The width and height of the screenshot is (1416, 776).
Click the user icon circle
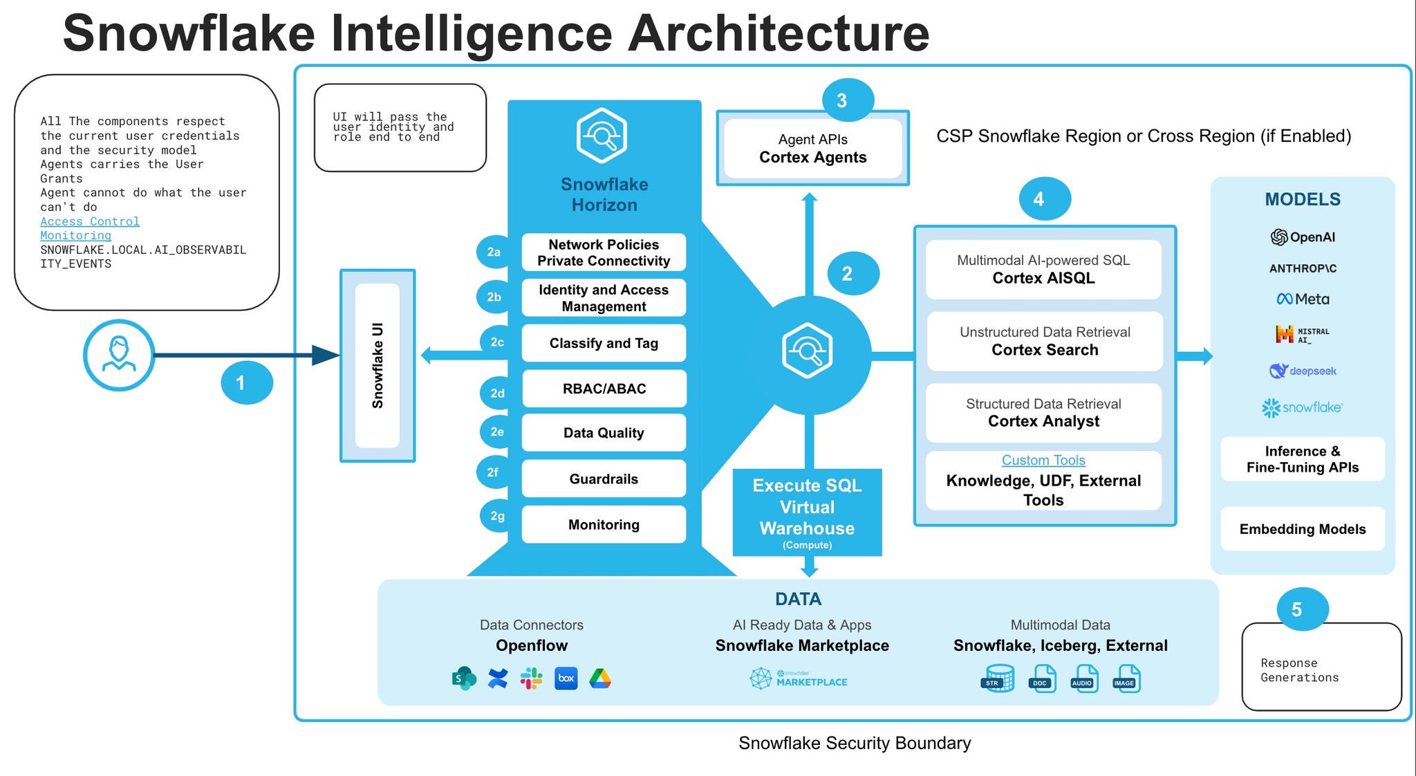pyautogui.click(x=119, y=355)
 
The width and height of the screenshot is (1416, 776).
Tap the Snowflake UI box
pyautogui.click(x=378, y=365)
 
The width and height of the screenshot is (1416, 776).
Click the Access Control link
pyautogui.click(x=90, y=221)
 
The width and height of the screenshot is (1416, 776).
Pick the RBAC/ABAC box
pyautogui.click(x=604, y=389)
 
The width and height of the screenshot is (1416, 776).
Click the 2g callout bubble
pyautogui.click(x=498, y=516)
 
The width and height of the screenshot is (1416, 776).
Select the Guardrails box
pyautogui.click(x=604, y=479)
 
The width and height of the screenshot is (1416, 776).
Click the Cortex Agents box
pyautogui.click(x=812, y=149)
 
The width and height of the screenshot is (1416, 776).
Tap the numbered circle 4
pyautogui.click(x=1044, y=199)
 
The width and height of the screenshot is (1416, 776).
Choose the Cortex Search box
pyautogui.click(x=1044, y=342)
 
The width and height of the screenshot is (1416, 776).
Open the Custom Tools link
pyautogui.click(x=1043, y=460)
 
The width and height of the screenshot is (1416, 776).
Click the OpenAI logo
pyautogui.click(x=1303, y=237)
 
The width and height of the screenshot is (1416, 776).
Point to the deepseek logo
pyautogui.click(x=1303, y=371)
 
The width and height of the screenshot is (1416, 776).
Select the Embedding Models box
pyautogui.click(x=1303, y=529)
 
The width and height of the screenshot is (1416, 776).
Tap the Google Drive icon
pyautogui.click(x=599, y=678)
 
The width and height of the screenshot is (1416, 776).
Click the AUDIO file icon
pyautogui.click(x=1083, y=678)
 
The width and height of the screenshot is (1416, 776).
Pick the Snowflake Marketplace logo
pyautogui.click(x=799, y=678)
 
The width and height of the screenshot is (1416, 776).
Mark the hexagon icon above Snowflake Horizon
pyautogui.click(x=602, y=136)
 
